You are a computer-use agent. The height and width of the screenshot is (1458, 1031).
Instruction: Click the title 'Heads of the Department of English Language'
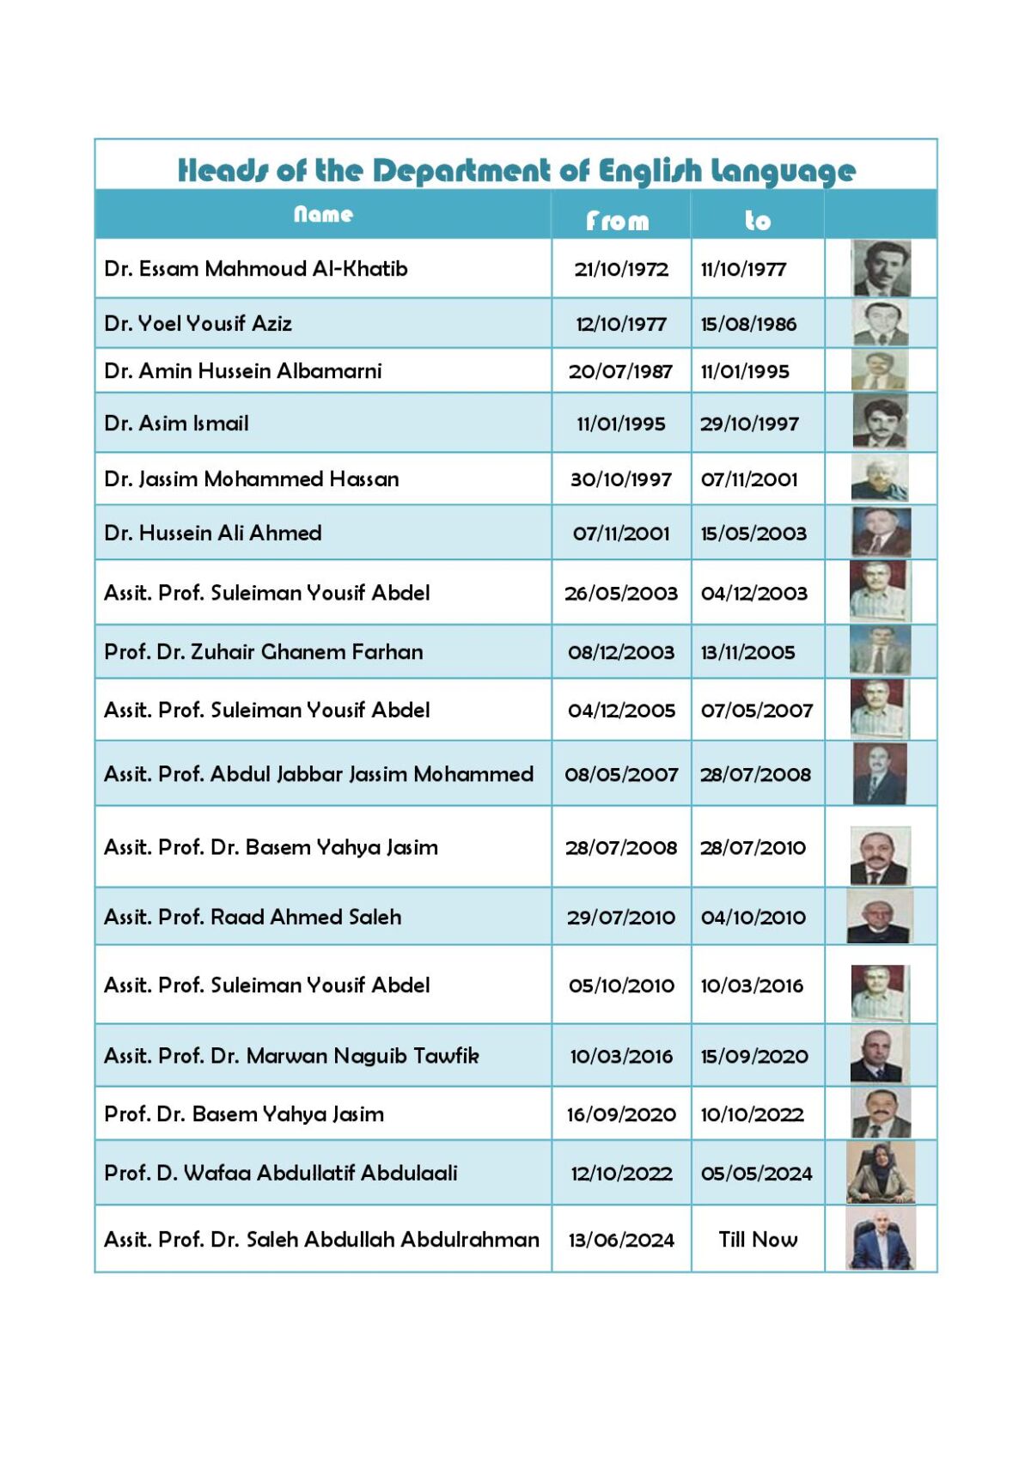coord(516,170)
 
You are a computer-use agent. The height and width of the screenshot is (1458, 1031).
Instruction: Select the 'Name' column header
coord(323,214)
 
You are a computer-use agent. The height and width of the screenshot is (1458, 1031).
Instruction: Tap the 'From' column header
coord(618,221)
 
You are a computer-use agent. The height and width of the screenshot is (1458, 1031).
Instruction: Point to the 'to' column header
coord(757,221)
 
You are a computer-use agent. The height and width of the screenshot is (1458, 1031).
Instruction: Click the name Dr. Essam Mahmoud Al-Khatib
coord(256,269)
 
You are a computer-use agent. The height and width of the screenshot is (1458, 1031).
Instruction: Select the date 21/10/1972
coord(621,269)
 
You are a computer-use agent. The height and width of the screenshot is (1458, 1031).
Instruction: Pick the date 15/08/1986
coord(748,324)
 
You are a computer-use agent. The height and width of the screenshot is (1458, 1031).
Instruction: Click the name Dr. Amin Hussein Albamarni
coord(243,371)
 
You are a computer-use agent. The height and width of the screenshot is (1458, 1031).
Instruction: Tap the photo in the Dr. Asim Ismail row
coord(880,422)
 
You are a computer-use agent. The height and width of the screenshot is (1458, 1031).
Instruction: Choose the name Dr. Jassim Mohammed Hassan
coord(252,479)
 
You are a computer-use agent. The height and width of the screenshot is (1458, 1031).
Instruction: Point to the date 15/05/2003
coord(753,534)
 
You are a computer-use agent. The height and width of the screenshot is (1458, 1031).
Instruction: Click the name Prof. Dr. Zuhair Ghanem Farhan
coord(264,652)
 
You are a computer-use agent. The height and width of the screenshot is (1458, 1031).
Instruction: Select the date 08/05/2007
coord(621,775)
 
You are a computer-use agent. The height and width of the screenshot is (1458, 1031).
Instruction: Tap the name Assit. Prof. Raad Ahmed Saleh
coord(253,918)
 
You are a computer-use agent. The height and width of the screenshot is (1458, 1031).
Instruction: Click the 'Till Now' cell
coord(758,1240)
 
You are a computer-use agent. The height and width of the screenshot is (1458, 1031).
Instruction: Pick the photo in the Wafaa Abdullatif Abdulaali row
coord(881,1173)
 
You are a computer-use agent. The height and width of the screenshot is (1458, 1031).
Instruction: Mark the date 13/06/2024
coord(621,1240)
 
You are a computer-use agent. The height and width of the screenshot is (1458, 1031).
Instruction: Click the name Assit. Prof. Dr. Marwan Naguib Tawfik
coord(291,1056)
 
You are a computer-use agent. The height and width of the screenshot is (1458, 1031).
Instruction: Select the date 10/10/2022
coord(752,1114)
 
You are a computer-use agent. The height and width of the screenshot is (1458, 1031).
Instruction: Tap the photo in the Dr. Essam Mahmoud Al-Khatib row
coord(881,268)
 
